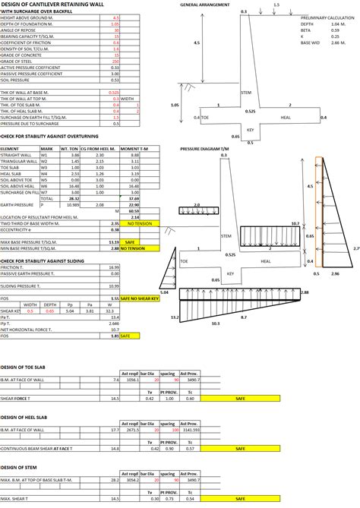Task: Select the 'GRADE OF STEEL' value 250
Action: click(x=116, y=62)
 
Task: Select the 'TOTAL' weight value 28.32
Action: click(x=75, y=198)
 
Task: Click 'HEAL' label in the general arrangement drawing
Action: click(x=286, y=117)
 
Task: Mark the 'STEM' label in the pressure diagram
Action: click(x=226, y=236)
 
